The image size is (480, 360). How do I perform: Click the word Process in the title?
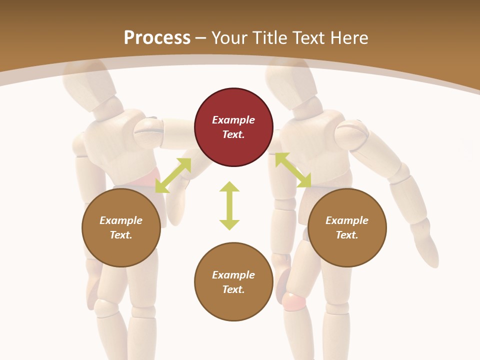tap(157, 38)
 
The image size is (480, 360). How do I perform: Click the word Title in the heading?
tap(270, 38)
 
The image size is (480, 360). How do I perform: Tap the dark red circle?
tap(233, 127)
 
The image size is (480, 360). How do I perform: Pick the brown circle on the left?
tap(121, 227)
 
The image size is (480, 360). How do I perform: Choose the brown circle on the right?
tap(347, 227)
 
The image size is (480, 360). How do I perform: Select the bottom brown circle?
tap(233, 282)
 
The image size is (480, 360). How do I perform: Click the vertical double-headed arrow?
tap(229, 205)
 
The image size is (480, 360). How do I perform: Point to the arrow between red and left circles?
tap(173, 175)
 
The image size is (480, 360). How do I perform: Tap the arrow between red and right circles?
tap(293, 170)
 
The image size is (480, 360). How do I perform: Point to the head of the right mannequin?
tap(290, 80)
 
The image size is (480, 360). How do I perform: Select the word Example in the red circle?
tap(233, 120)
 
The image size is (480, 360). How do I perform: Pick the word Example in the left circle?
tap(121, 220)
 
